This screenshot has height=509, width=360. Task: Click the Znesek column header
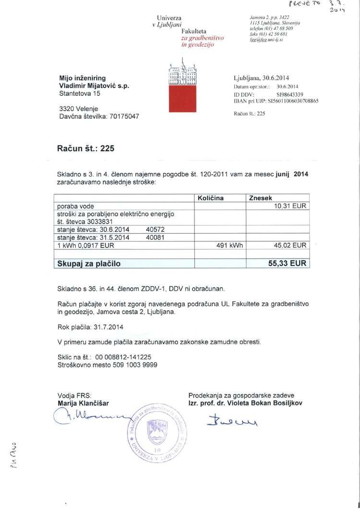(x=260, y=197)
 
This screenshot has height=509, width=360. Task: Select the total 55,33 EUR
(x=287, y=263)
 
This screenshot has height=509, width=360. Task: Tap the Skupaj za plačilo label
(x=89, y=263)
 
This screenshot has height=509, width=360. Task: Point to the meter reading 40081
(x=156, y=237)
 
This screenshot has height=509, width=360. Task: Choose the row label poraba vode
(x=76, y=205)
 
